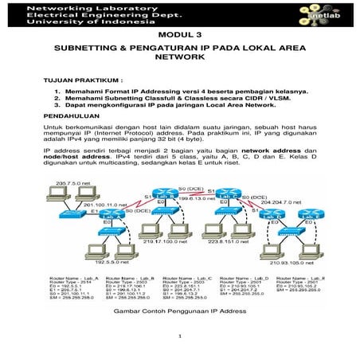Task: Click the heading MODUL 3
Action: [181, 37]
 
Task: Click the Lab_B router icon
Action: [166, 194]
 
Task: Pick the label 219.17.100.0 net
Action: [170, 238]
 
